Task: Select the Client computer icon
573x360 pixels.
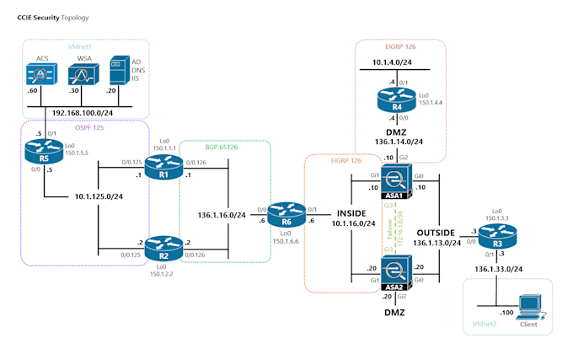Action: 529,305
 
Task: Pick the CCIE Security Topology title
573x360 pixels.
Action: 52,17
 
